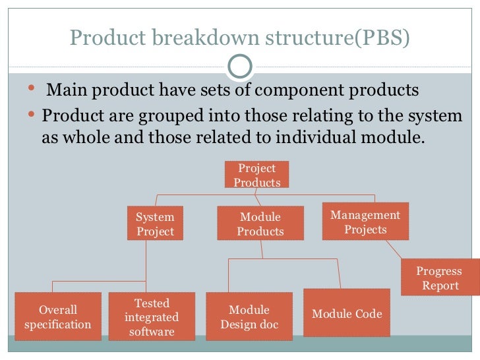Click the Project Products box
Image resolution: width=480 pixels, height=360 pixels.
(x=256, y=175)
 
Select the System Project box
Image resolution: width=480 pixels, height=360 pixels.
(x=155, y=224)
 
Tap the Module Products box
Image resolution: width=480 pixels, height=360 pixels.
(x=260, y=224)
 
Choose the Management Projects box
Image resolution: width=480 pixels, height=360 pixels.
(x=365, y=222)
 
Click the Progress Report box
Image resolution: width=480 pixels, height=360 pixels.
(x=440, y=278)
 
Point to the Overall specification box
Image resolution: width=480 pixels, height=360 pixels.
(x=58, y=316)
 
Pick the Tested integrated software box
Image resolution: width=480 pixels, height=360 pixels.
(x=152, y=316)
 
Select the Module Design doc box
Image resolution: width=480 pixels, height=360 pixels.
(x=249, y=316)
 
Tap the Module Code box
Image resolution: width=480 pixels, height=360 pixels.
(x=347, y=314)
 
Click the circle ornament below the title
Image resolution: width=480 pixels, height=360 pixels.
(x=239, y=65)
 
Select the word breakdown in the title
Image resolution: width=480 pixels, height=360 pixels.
(x=202, y=38)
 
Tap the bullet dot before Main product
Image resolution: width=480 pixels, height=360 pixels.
(x=34, y=88)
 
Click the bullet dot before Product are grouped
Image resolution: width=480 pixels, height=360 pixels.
(x=34, y=115)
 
